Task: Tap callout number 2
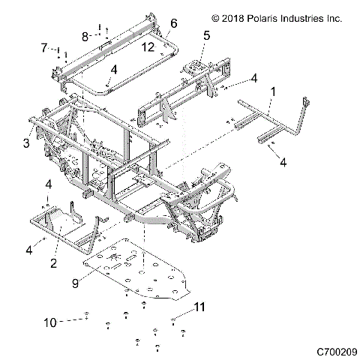(54, 262)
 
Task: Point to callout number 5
(206, 34)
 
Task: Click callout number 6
(173, 23)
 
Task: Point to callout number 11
(199, 307)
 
